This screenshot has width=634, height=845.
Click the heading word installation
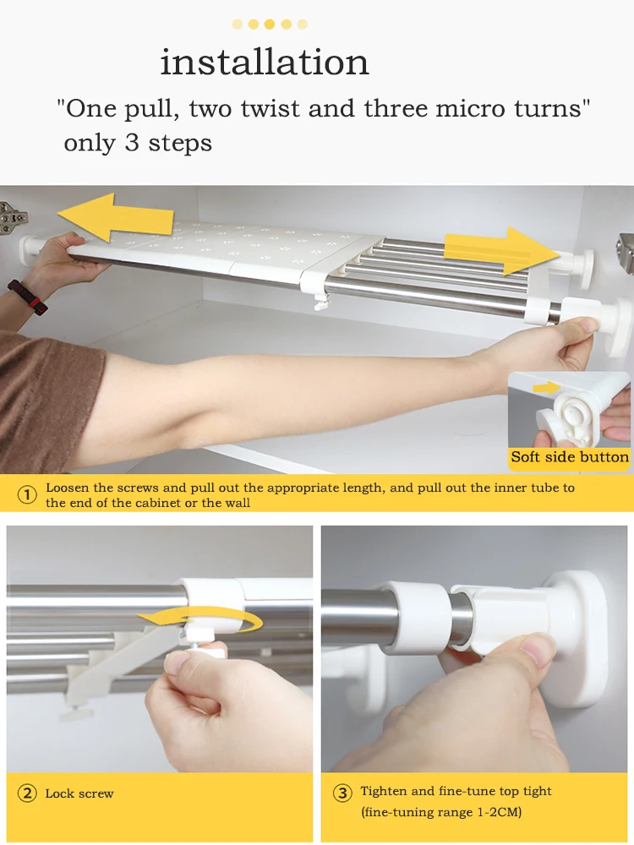coord(264,62)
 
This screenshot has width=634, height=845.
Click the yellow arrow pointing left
coord(115,216)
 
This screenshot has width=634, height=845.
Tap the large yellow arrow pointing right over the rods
coord(502,251)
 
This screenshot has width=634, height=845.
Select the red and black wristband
coord(28,297)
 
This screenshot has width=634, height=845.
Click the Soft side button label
coord(570,457)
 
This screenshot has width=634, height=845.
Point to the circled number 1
coord(27,494)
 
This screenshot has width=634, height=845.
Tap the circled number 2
coord(27,793)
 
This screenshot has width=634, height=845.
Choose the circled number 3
coord(342,793)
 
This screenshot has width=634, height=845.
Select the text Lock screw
coord(79,793)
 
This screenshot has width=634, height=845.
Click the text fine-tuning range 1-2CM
coord(441,812)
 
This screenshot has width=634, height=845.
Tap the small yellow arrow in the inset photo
coord(546,388)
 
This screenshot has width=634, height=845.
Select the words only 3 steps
coord(138,144)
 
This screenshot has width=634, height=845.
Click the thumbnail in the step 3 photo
coord(537,649)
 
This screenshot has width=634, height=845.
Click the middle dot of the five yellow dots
coord(270,24)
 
